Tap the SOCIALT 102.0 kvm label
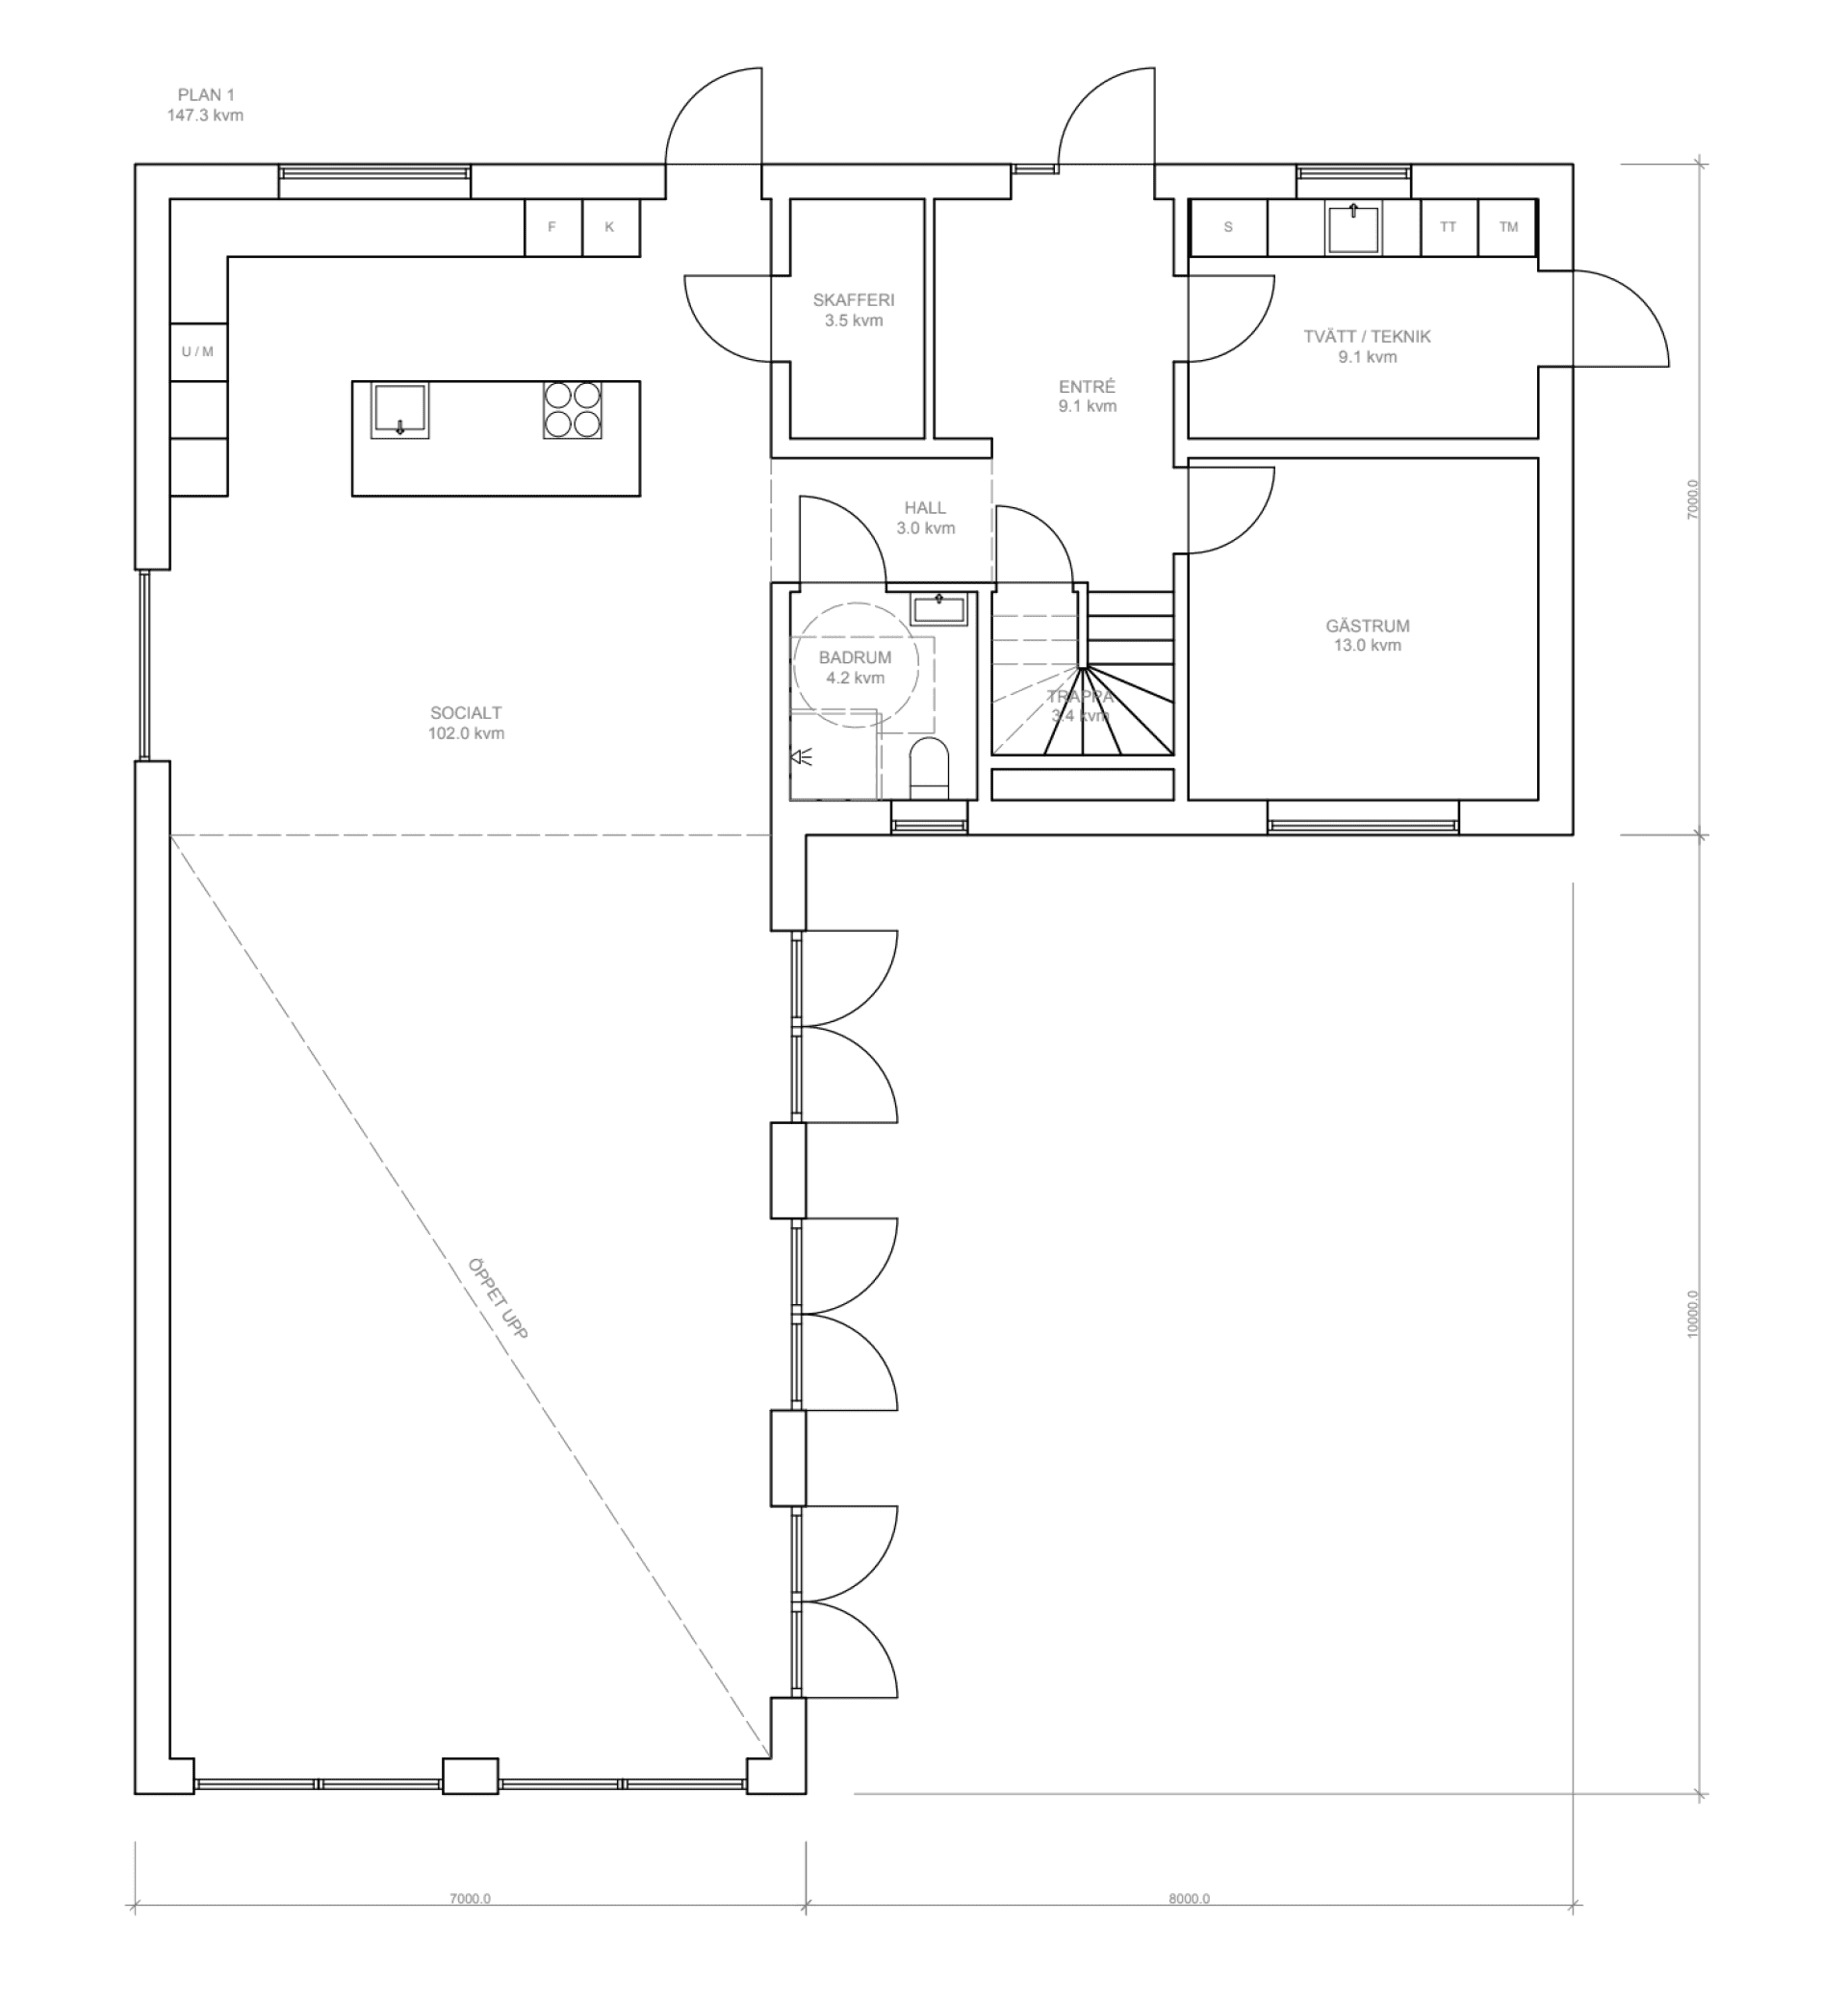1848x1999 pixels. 466,723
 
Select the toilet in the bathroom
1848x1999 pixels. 929,769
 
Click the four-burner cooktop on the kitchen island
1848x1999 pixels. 573,410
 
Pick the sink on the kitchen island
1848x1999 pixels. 400,411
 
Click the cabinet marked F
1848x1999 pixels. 552,228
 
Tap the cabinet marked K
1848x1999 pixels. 610,228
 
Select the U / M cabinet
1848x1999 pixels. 198,352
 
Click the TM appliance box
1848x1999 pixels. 1508,228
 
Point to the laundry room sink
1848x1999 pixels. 1353,228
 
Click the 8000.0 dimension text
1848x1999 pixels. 1189,1898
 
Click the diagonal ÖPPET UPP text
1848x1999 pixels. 497,1298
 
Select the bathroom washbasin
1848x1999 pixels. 939,608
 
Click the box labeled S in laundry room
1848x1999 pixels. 1228,228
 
